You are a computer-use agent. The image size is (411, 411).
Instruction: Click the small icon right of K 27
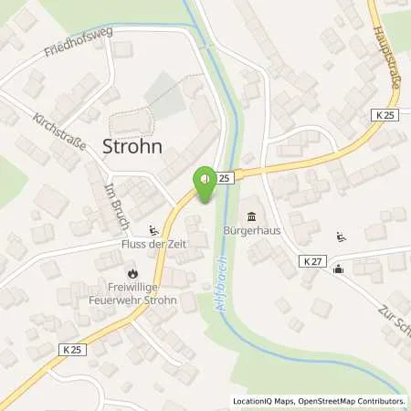[339, 268]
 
